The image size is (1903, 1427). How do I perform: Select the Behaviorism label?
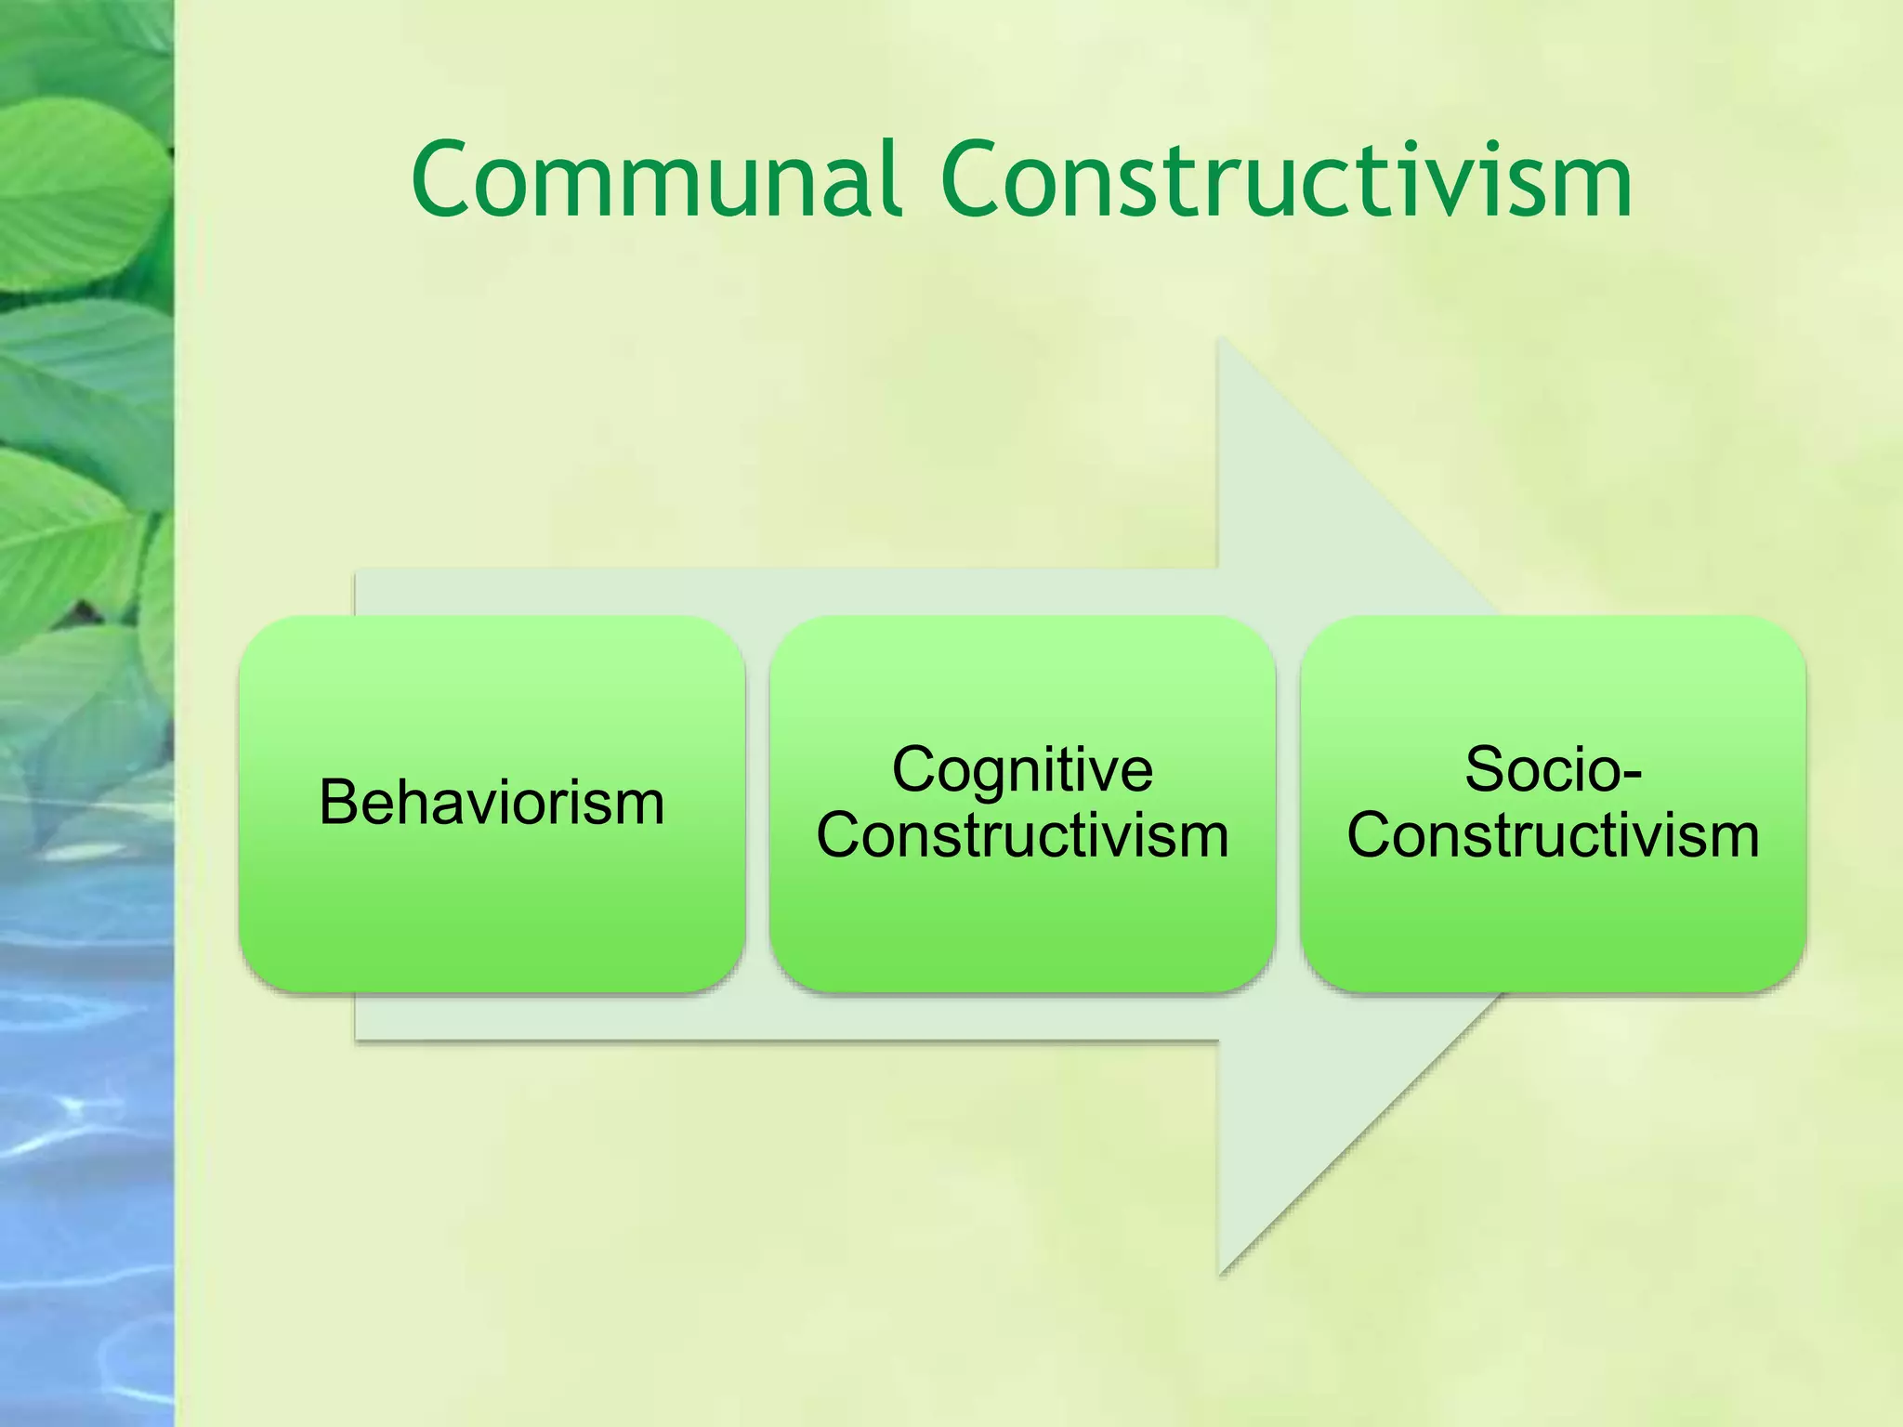492,803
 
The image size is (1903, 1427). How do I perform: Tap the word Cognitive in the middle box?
1022,770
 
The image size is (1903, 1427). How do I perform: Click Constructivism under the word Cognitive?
1022,836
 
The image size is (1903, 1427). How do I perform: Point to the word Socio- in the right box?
1553,770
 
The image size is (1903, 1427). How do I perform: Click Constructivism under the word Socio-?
1553,836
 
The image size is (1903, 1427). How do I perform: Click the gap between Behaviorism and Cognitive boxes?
757,804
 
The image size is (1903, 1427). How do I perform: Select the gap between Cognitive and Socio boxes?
1288,804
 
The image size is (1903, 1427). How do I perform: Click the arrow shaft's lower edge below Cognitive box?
1022,1039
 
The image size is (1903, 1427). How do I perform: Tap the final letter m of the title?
1597,186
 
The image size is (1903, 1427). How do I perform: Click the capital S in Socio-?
1484,770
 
